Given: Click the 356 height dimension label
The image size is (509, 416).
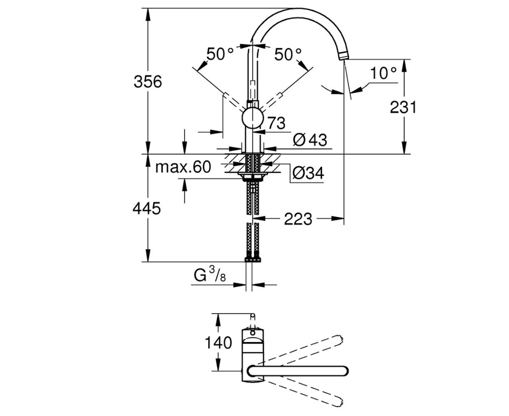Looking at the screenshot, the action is pyautogui.click(x=148, y=82).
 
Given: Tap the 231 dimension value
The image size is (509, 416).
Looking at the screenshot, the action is pyautogui.click(x=403, y=107).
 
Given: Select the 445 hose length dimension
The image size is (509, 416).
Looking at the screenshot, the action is pyautogui.click(x=146, y=208).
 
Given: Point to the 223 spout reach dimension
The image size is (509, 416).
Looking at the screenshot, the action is pyautogui.click(x=298, y=219).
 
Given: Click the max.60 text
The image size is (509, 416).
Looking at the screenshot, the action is pyautogui.click(x=183, y=167).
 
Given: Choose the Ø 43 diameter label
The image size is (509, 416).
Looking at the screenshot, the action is pyautogui.click(x=310, y=140).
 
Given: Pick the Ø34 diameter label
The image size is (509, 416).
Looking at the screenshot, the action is pyautogui.click(x=308, y=173).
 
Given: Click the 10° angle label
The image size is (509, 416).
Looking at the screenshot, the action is pyautogui.click(x=383, y=73).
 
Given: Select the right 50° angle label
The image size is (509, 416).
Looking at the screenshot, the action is pyautogui.click(x=288, y=54).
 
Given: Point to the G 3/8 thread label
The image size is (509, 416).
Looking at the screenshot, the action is pyautogui.click(x=210, y=275).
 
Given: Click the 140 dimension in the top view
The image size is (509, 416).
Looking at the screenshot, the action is pyautogui.click(x=218, y=343).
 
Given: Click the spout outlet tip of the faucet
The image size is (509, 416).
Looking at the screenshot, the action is pyautogui.click(x=343, y=57).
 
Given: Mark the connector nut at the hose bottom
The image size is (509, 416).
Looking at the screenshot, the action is pyautogui.click(x=253, y=259).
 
